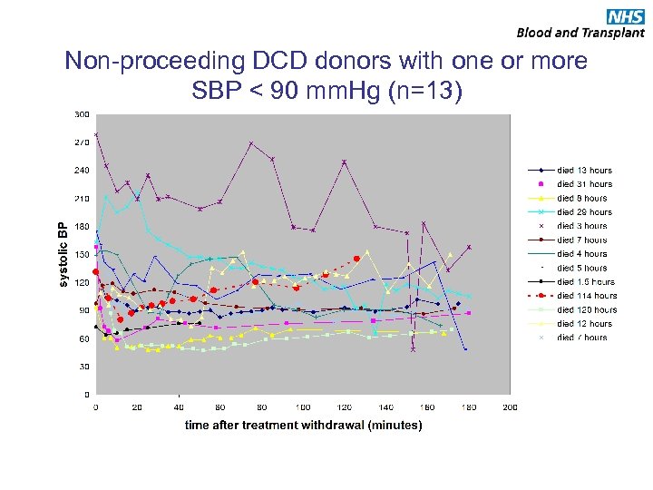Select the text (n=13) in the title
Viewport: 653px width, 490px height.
[x=422, y=91]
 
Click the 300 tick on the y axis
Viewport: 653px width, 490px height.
[x=82, y=114]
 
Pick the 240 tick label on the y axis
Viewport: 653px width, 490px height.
[x=82, y=171]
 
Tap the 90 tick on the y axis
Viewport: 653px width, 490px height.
[x=84, y=310]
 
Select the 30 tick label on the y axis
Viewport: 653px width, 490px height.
[x=84, y=367]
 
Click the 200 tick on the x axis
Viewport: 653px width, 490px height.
[x=511, y=407]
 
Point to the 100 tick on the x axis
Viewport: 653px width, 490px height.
[x=303, y=407]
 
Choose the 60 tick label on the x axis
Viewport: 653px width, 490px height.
[x=220, y=407]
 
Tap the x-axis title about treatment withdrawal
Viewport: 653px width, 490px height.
[x=303, y=425]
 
